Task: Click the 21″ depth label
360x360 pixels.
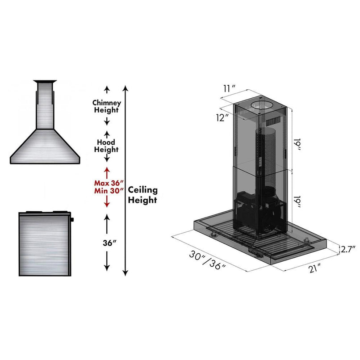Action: [314, 268]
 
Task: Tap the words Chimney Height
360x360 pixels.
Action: [106, 106]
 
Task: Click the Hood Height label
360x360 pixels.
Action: [106, 146]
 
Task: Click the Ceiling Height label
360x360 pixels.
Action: [143, 195]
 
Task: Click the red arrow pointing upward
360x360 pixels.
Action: [107, 172]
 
